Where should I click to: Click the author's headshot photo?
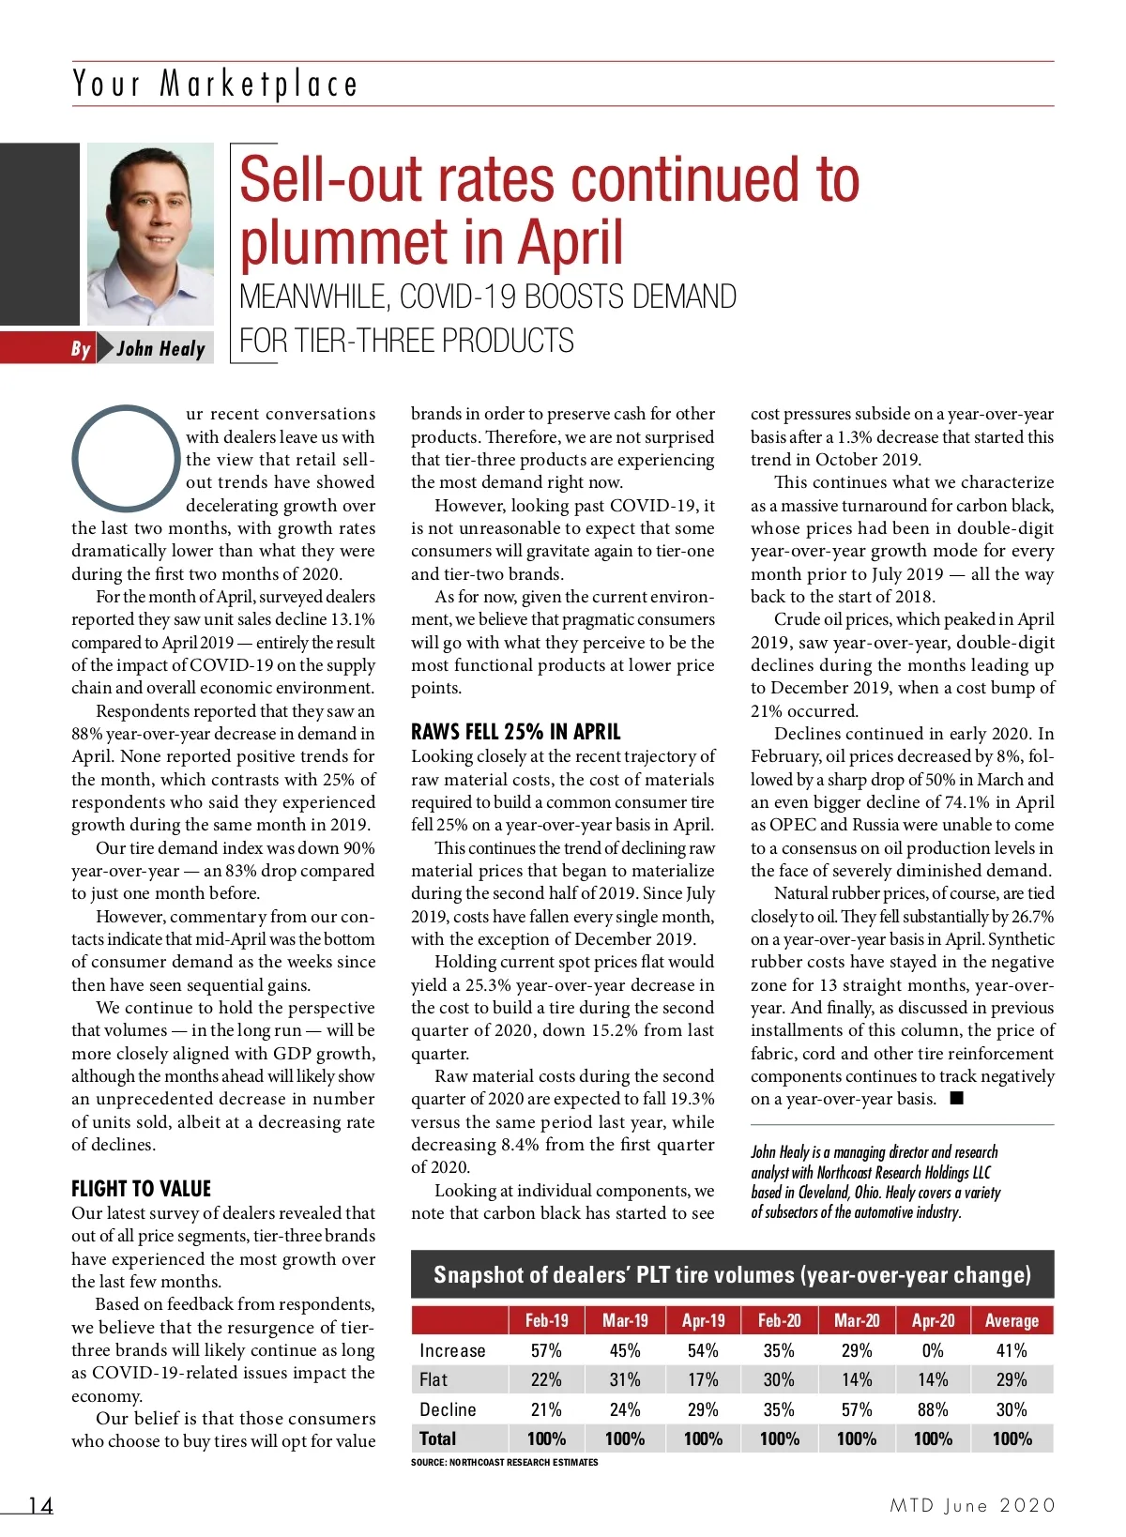[150, 234]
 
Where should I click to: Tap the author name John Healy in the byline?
[160, 349]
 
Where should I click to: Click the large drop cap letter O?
[125, 458]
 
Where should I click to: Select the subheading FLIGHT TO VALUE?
[141, 1189]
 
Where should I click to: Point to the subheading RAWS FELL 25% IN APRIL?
[515, 732]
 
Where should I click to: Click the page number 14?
[40, 1506]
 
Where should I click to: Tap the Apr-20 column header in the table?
[933, 1320]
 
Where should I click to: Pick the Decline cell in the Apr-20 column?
[933, 1409]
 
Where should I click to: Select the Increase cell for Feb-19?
[546, 1350]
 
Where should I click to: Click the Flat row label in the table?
[434, 1379]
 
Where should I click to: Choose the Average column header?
[1012, 1320]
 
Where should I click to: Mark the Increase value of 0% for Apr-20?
[933, 1350]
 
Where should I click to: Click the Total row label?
[437, 1438]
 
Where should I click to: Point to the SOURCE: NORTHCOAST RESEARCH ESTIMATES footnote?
[504, 1462]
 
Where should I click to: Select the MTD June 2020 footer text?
[972, 1506]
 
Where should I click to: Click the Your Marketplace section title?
[215, 84]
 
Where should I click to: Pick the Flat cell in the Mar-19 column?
[625, 1379]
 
